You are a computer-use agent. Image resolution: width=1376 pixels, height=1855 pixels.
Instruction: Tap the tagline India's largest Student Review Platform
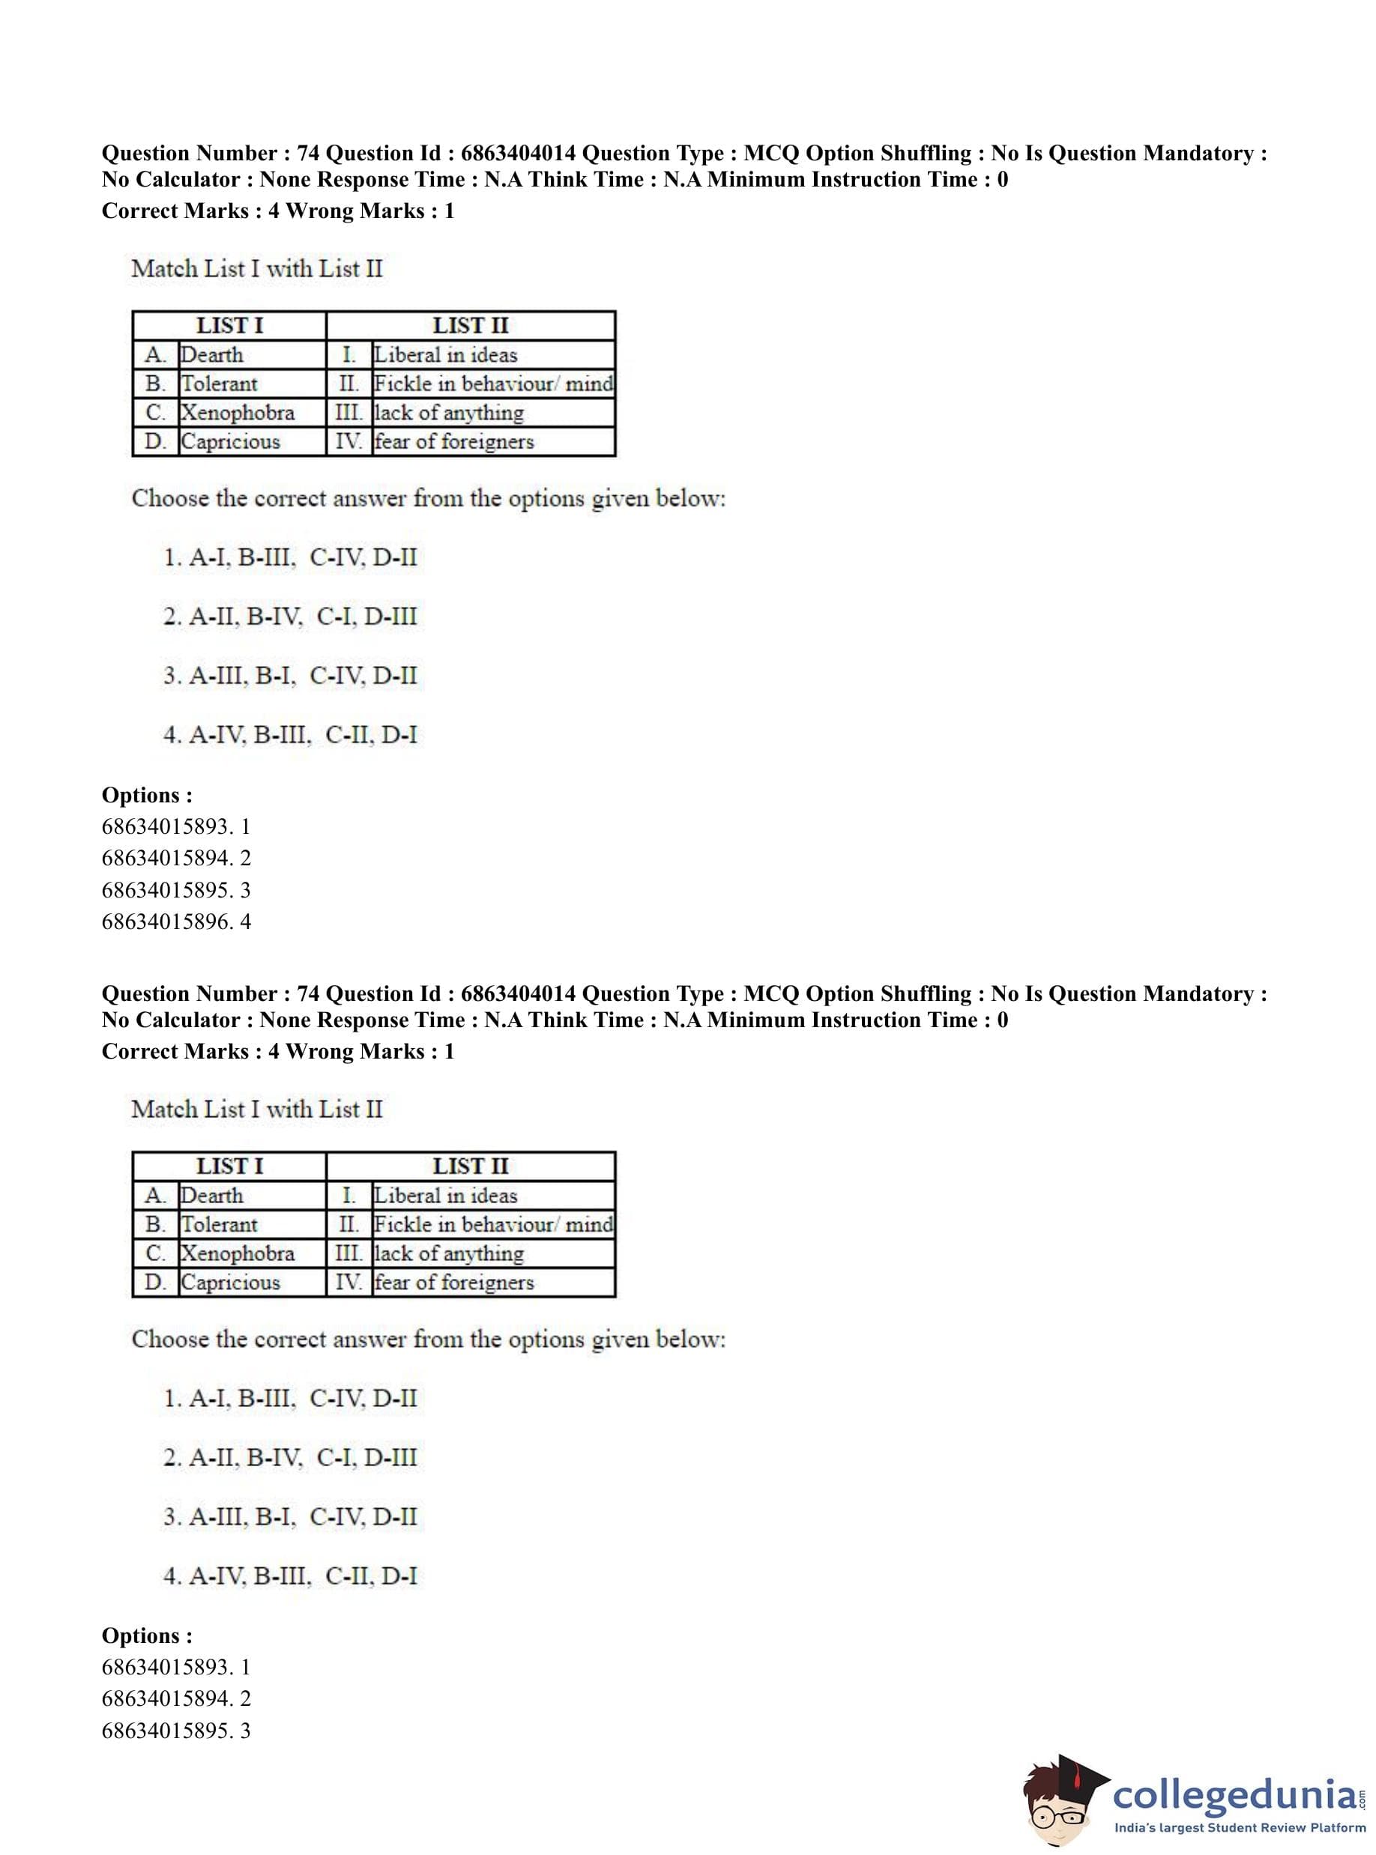coord(1240,1828)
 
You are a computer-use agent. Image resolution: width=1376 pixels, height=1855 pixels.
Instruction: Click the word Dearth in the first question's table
coord(212,354)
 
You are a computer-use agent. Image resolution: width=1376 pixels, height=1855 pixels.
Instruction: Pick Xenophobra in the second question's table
coord(238,1254)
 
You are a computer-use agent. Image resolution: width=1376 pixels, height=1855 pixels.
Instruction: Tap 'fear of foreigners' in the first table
coord(454,441)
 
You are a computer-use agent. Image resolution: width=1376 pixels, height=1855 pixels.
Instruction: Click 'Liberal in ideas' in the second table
coord(446,1196)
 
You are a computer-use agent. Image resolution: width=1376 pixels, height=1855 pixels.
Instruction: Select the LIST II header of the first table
coord(470,326)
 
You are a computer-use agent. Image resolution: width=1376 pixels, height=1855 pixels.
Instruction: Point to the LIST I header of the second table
coord(229,1166)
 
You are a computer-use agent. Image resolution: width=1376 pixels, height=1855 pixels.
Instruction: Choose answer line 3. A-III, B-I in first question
coord(290,676)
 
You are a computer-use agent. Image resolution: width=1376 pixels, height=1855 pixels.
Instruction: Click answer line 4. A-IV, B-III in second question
coord(290,1576)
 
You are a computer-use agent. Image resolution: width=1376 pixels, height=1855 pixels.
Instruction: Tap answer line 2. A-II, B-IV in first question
coord(290,617)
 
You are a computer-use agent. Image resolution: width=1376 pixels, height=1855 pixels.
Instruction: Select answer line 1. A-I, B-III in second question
coord(290,1399)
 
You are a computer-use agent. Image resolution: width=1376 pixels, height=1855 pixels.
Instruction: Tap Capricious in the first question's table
coord(231,441)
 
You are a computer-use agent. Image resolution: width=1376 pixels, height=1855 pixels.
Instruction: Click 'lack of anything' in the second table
coord(449,1254)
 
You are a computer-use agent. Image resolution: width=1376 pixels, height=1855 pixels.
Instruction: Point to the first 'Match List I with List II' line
coord(256,269)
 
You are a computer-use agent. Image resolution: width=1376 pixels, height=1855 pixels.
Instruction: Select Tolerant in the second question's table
coord(220,1225)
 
